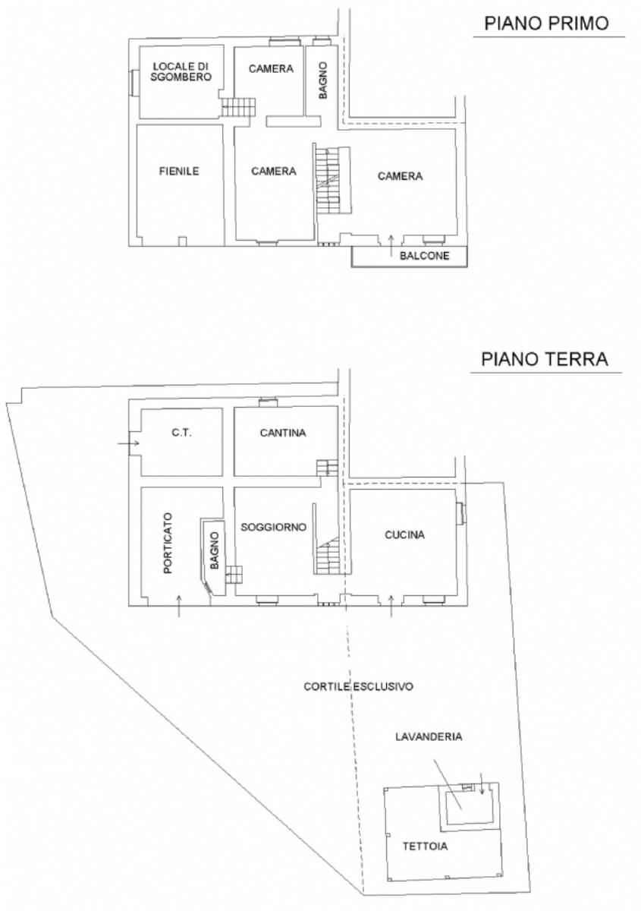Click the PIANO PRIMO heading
tap(546, 23)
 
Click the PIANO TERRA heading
tap(544, 358)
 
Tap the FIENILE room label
tap(179, 171)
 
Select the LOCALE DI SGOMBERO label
tap(181, 71)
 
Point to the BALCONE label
tap(424, 255)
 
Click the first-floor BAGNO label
tap(322, 80)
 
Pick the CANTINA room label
tap(283, 432)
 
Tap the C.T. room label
tap(181, 432)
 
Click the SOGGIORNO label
tap(273, 527)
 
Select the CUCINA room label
tap(404, 534)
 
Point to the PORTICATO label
tap(168, 543)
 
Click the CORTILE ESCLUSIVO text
tap(358, 686)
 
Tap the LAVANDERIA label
tap(429, 736)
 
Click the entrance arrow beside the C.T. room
tap(128, 443)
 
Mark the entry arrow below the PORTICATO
tap(179, 606)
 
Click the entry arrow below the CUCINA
tap(391, 606)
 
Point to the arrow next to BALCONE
tap(391, 246)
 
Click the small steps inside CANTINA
tap(327, 468)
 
